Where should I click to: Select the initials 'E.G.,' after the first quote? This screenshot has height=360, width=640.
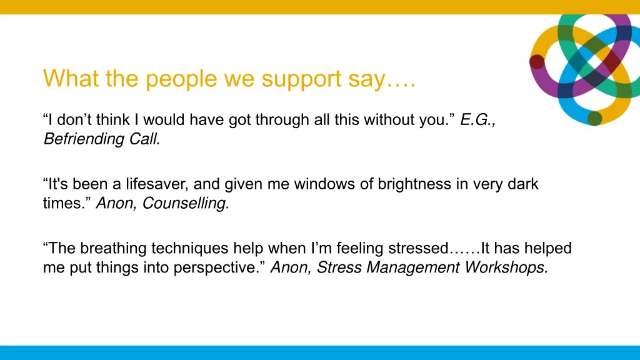click(478, 121)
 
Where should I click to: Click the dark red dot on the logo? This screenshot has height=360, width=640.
click(537, 61)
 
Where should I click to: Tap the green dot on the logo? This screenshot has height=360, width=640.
click(594, 118)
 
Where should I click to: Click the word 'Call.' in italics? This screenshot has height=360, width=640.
click(145, 139)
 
